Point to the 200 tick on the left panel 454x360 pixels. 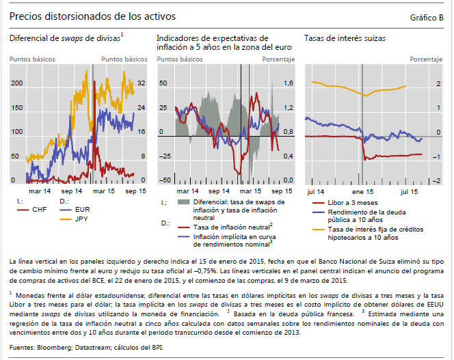pos(16,83)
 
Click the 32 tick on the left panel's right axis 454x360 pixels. pos(141,83)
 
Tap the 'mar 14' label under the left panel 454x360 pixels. pos(38,191)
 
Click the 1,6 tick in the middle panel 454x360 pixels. pos(288,83)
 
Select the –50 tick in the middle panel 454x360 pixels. pos(164,180)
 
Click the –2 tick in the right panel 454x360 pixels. pos(436,180)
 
